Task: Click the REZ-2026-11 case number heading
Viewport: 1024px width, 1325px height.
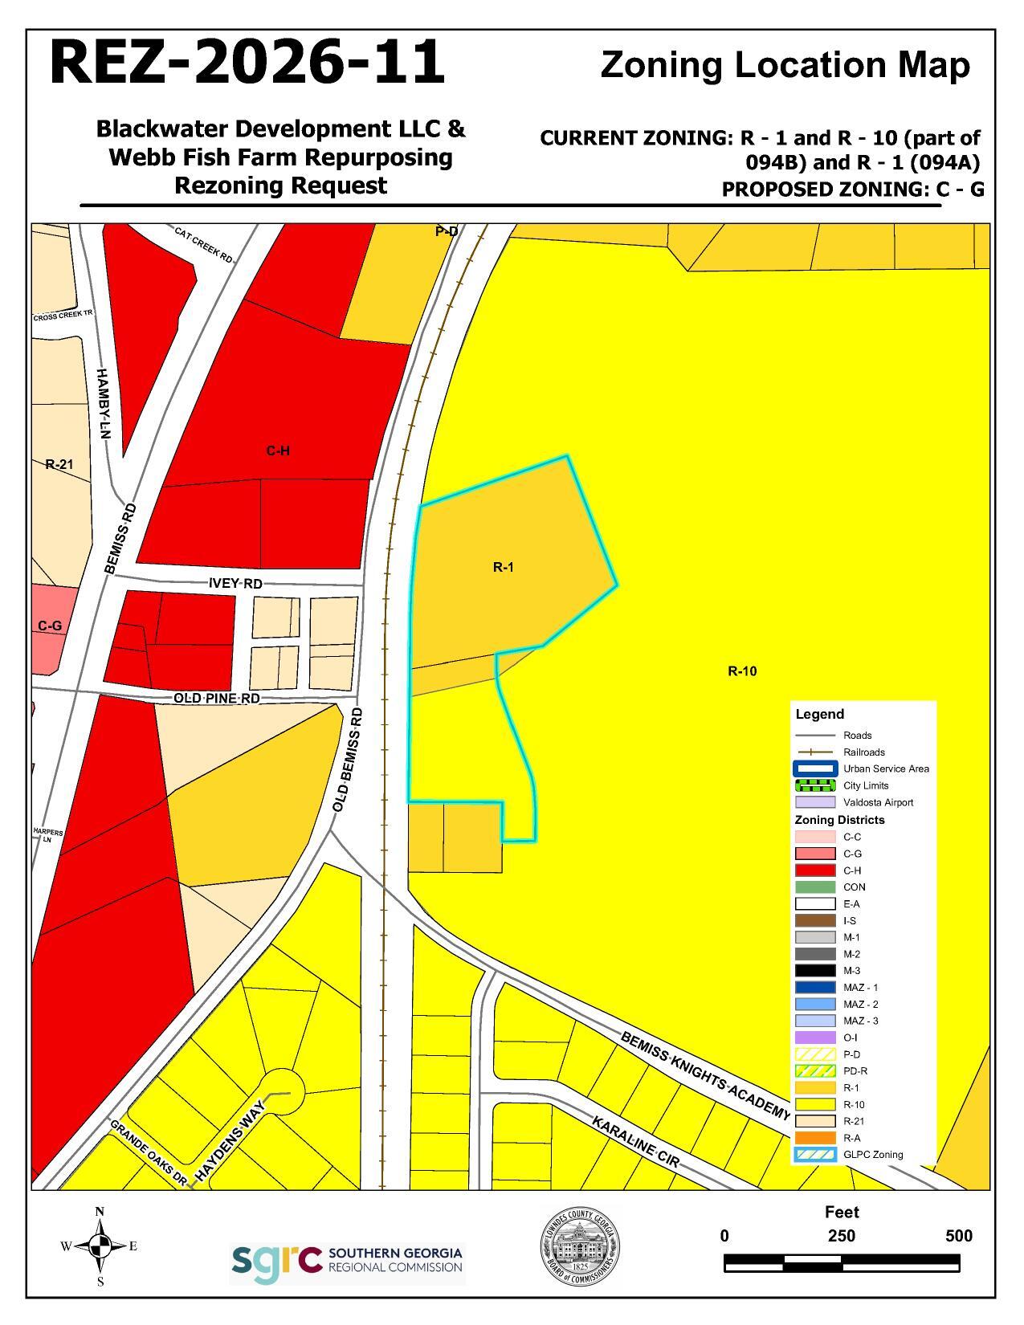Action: [247, 63]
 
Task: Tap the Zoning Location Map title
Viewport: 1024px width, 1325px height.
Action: [785, 66]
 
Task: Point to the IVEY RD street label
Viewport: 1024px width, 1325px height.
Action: [235, 583]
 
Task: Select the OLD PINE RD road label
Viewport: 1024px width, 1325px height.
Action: [217, 698]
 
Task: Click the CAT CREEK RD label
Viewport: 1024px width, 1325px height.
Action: [203, 243]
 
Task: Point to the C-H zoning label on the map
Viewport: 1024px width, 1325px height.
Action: [278, 451]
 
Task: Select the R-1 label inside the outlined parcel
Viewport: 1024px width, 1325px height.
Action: [503, 567]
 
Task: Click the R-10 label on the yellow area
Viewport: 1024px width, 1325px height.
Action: [742, 671]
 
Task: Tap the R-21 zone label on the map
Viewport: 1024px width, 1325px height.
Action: [59, 464]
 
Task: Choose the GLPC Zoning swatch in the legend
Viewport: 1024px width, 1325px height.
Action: [815, 1155]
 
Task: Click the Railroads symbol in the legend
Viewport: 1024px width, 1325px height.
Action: [815, 752]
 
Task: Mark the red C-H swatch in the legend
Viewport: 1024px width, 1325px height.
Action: [815, 870]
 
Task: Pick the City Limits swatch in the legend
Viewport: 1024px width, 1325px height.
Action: [815, 785]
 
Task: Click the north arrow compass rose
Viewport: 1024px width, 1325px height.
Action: [100, 1245]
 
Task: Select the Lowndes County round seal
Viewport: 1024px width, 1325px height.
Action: [579, 1247]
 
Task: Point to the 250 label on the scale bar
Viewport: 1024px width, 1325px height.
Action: [842, 1236]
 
